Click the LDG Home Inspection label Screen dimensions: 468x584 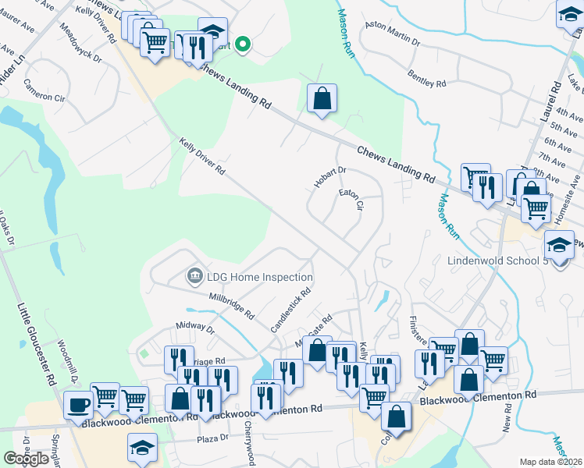(259, 277)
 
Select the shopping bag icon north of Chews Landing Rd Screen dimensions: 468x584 (322, 99)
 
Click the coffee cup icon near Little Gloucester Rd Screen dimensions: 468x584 (78, 404)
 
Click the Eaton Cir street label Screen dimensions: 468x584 (351, 199)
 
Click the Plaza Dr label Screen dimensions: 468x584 (212, 438)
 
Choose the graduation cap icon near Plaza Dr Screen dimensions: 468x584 (142, 448)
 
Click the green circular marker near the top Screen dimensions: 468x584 (242, 44)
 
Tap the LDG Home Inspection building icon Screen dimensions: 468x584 (194, 276)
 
